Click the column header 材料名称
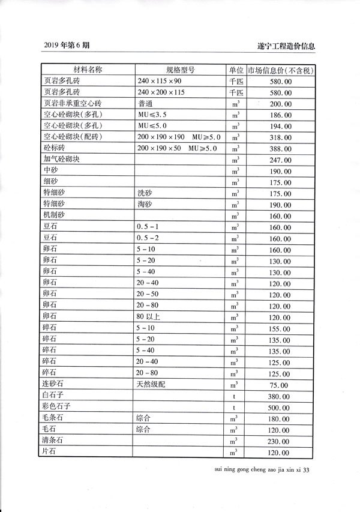tap(88, 70)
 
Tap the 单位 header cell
tap(235, 70)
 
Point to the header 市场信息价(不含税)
tap(281, 70)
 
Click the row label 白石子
tap(55, 397)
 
